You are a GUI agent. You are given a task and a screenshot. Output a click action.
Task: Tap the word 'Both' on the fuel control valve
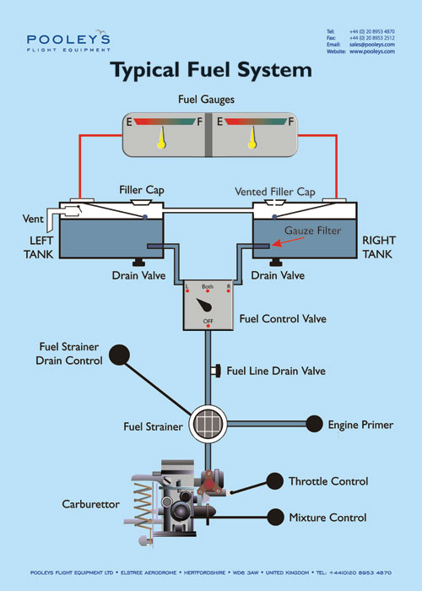(207, 287)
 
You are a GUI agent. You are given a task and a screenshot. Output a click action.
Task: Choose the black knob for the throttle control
(274, 481)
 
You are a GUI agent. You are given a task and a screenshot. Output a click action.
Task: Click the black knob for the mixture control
(274, 516)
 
